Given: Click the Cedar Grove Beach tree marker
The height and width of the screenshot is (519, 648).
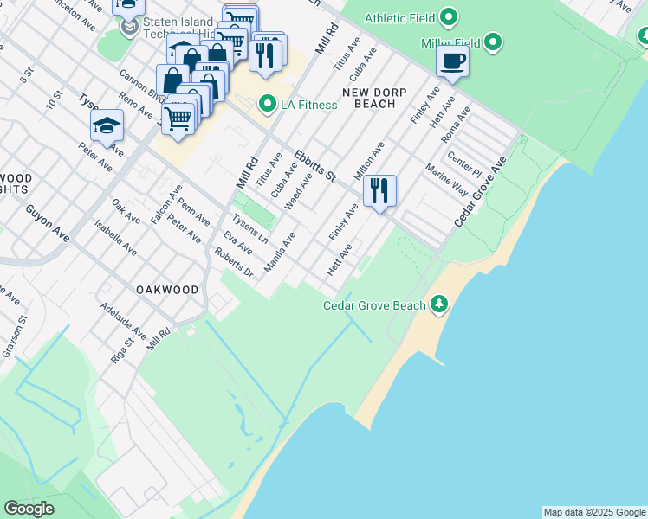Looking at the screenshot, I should pos(440,304).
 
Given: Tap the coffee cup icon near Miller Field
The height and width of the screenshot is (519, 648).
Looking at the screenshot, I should pos(452,61).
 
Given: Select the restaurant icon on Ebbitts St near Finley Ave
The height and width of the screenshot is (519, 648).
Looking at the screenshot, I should pos(379,190).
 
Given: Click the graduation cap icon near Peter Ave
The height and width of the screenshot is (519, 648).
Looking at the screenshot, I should pos(107,126).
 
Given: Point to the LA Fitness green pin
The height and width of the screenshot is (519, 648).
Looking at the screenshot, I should pos(268,105).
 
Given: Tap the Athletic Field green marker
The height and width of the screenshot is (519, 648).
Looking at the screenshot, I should pos(449,17).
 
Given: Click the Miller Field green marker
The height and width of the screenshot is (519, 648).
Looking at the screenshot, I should pos(493,42).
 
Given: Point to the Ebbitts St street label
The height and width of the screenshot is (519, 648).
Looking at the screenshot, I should pos(314,165).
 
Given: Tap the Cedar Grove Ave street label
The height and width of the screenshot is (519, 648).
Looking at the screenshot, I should pos(481,193).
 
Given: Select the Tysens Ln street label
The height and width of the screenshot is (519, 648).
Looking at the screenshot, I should pos(251,227).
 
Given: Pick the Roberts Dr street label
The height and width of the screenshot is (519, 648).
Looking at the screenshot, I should pos(234,263).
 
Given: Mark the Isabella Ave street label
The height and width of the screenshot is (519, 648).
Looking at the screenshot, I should pos(116,237).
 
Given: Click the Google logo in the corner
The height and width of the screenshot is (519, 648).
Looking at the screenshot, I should pos(29,509).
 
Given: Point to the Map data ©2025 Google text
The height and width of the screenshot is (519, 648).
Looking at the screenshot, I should pos(594,512).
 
